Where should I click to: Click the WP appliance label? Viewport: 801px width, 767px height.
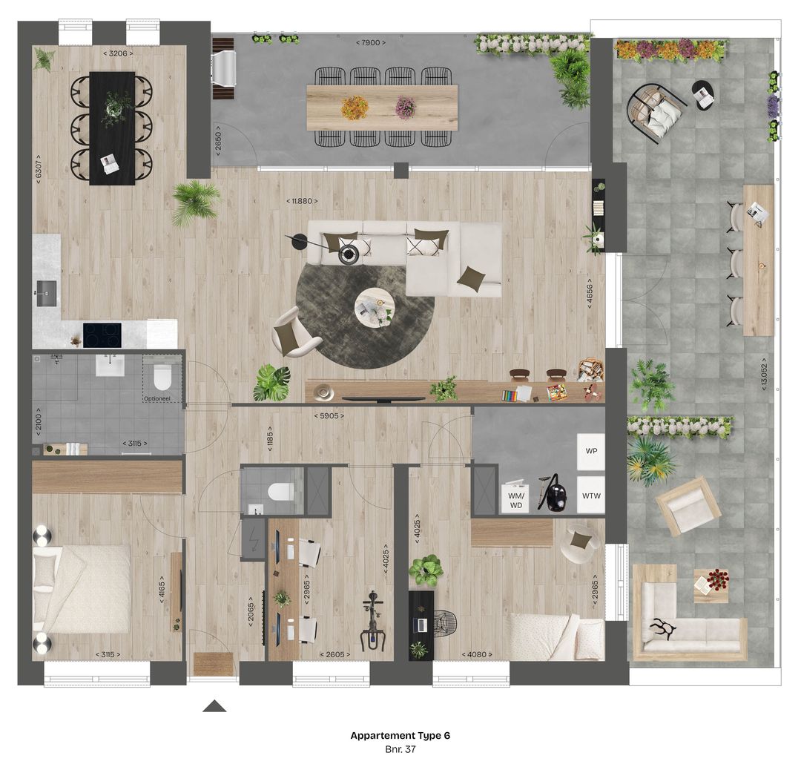click(591, 451)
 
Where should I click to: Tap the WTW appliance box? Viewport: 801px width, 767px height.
click(591, 496)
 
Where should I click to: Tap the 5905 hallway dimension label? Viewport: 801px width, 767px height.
click(326, 416)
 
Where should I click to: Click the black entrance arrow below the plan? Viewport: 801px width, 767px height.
click(214, 706)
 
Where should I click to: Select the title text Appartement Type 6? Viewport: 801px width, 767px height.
click(400, 736)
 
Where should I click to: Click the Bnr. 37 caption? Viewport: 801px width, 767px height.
click(400, 750)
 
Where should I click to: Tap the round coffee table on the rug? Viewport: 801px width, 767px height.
click(375, 306)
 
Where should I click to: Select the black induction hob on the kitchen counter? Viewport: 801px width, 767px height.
click(102, 335)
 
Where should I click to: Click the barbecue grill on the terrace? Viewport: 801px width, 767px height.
click(223, 68)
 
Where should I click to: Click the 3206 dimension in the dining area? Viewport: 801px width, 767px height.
click(118, 53)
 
